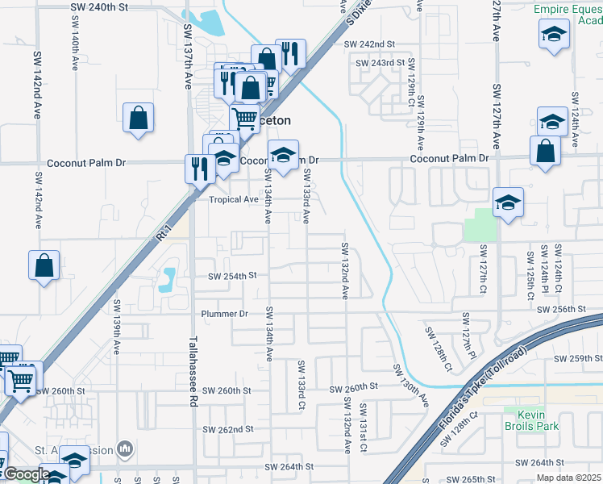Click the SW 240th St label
click(x=101, y=6)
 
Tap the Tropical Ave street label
click(x=234, y=199)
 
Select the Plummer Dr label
click(x=224, y=313)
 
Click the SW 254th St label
click(x=231, y=275)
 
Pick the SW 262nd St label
click(x=228, y=429)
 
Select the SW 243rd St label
click(x=376, y=62)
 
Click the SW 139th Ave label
click(x=117, y=325)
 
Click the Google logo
click(x=27, y=475)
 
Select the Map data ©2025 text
click(x=569, y=478)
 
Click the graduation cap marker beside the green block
click(x=508, y=202)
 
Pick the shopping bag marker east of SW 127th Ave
click(x=546, y=150)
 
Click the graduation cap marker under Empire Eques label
click(x=554, y=35)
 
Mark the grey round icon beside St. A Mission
click(x=124, y=448)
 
